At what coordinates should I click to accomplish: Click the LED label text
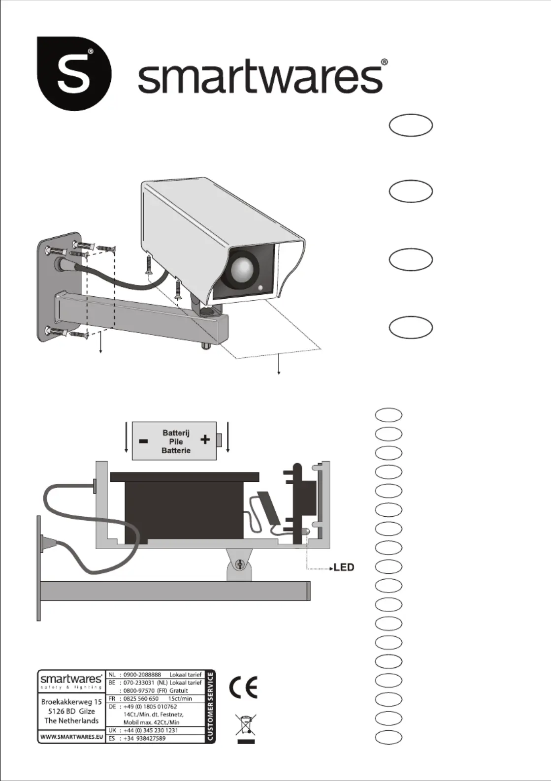point(344,567)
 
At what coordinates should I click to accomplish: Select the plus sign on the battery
point(205,439)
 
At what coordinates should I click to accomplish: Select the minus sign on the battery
point(143,441)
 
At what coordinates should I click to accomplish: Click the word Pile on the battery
point(176,442)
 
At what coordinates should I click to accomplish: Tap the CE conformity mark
point(243,687)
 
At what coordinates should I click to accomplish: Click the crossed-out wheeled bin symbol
point(246,725)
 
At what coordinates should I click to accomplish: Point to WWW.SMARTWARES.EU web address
point(71,737)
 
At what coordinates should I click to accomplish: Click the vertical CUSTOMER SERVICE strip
point(210,706)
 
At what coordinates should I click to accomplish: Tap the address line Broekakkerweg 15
point(71,702)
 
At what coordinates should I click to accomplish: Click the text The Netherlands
point(71,720)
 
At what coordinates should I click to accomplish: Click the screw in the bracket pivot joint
point(240,564)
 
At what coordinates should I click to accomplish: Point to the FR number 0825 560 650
point(141,698)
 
